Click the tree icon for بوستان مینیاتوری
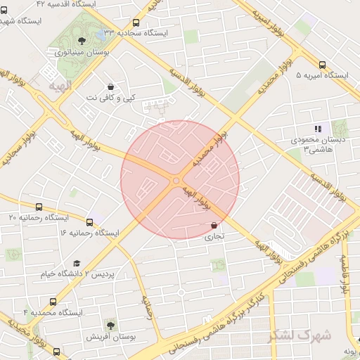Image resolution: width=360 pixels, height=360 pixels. click(x=82, y=40)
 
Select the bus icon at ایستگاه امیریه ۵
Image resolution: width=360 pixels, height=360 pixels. click(x=322, y=64)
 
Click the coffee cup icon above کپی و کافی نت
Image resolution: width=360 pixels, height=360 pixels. click(x=111, y=88)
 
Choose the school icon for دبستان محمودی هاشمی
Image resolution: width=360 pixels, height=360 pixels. click(x=318, y=129)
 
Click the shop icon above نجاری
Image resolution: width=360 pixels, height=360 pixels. click(x=213, y=226)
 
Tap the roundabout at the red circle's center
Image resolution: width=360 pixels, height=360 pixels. click(x=176, y=181)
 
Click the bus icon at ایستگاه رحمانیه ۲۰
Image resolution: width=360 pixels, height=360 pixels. click(x=39, y=207)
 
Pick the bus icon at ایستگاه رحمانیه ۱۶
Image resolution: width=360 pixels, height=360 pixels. click(x=89, y=221)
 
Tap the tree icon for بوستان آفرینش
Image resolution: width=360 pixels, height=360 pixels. click(x=110, y=325)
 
